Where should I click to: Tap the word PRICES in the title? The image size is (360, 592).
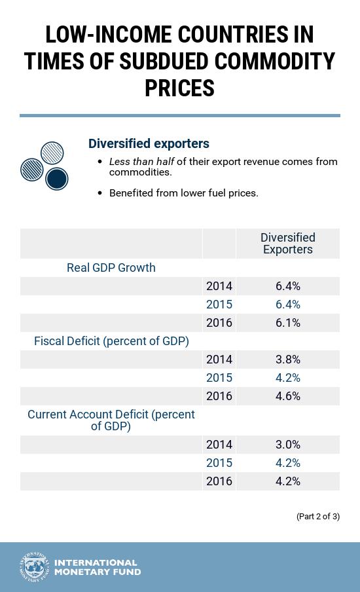click(x=179, y=88)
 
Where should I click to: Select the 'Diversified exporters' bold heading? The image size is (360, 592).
click(x=149, y=143)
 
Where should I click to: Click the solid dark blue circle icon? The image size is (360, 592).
click(x=57, y=178)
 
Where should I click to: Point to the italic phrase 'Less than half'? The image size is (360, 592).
click(x=141, y=162)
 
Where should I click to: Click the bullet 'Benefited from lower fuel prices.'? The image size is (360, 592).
click(x=183, y=193)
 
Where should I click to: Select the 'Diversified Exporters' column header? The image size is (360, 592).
click(x=287, y=244)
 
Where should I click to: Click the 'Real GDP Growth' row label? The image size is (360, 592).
click(x=111, y=268)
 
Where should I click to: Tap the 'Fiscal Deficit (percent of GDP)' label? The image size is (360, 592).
click(x=111, y=341)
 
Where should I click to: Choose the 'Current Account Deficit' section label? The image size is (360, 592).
click(x=111, y=420)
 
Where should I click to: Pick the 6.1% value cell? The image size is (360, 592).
click(x=287, y=323)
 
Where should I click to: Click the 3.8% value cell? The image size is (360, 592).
click(x=287, y=360)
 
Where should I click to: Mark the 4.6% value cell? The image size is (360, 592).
click(x=287, y=396)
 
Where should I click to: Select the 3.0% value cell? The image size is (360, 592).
click(x=287, y=445)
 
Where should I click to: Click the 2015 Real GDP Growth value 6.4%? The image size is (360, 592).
click(x=287, y=305)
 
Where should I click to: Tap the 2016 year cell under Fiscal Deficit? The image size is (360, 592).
click(x=219, y=396)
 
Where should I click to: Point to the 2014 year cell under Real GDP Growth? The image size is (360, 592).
click(x=219, y=286)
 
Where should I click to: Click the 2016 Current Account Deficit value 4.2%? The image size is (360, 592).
click(x=287, y=481)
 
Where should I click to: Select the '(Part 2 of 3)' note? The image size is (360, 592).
click(x=317, y=517)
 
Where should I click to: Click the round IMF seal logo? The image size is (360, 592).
click(x=34, y=567)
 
